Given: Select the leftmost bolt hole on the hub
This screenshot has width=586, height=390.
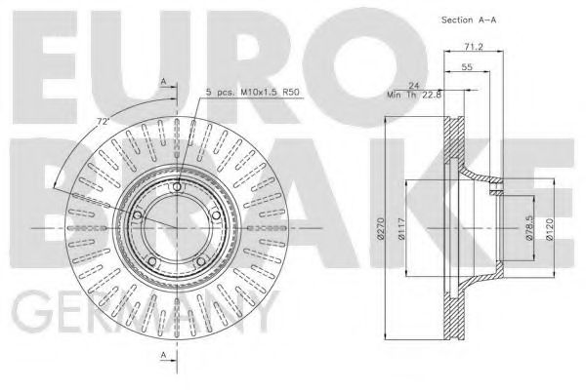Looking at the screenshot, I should (137, 214).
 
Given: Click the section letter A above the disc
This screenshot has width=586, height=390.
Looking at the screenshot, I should (163, 84).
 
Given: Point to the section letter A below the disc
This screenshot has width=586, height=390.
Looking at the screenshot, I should (163, 357).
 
